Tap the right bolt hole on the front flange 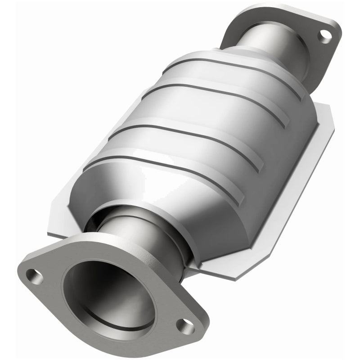185,326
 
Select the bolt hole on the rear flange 324,36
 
